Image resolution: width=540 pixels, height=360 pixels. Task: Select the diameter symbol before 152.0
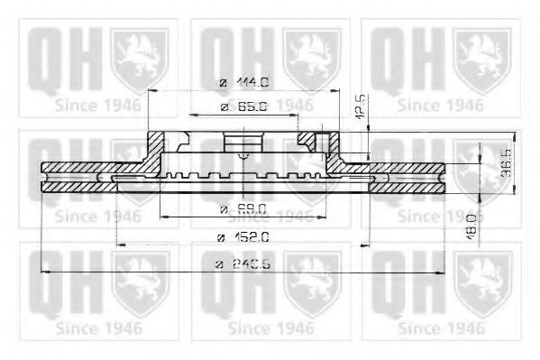click(x=221, y=237)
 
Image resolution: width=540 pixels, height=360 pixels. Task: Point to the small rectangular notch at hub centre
click(x=240, y=144)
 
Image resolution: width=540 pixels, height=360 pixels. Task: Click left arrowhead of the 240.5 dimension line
click(x=46, y=272)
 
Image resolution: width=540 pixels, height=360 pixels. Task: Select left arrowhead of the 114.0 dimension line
click(x=151, y=91)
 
